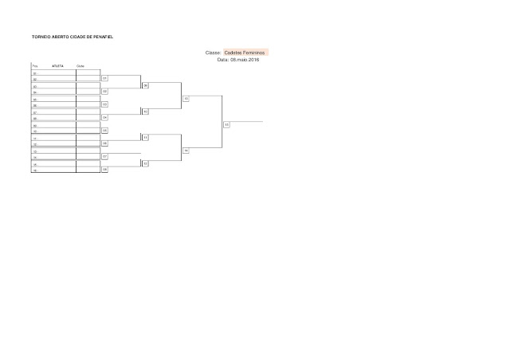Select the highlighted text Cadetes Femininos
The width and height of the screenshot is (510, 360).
point(245,53)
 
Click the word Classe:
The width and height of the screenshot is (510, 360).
point(213,53)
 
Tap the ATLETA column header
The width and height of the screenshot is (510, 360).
point(57,66)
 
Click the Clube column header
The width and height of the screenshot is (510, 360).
point(80,66)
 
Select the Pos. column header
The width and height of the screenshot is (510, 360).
point(35,66)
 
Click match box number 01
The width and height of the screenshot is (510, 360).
point(105,79)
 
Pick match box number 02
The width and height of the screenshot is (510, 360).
point(105,92)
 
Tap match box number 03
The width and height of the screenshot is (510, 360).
point(105,104)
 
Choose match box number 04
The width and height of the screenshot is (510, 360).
point(105,117)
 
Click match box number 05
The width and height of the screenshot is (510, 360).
point(105,130)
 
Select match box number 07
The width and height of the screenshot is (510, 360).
point(105,157)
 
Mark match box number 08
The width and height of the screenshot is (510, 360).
point(105,170)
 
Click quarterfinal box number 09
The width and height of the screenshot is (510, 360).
point(146,85)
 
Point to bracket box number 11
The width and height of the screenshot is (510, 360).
point(146,137)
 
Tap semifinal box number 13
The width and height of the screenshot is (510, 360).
point(186,99)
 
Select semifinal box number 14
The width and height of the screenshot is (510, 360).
point(186,151)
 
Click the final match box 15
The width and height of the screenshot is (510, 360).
point(227,125)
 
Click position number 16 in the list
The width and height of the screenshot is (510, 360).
point(35,170)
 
